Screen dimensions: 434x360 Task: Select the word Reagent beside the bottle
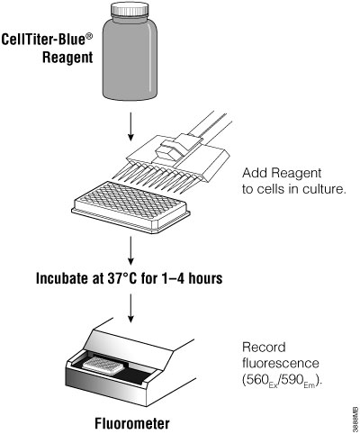click(67, 60)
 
